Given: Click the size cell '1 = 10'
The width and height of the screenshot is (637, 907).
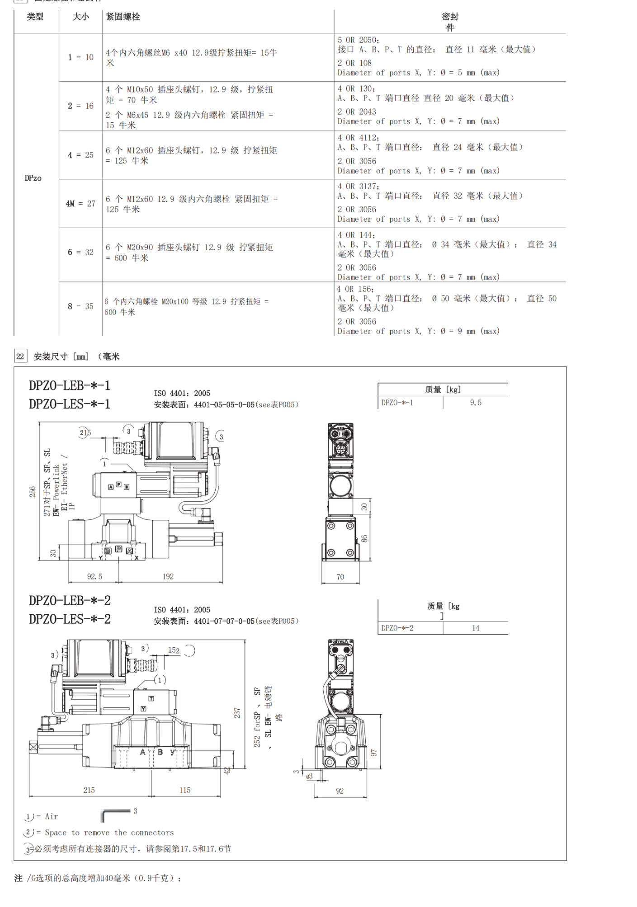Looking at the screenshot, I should [x=80, y=57].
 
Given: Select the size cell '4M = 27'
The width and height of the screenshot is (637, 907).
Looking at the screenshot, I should [x=80, y=204].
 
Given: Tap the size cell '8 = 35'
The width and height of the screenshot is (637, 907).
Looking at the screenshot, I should [x=80, y=306].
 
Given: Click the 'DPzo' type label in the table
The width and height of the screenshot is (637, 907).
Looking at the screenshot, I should [x=33, y=178].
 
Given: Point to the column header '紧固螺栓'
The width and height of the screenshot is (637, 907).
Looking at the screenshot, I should [x=123, y=17].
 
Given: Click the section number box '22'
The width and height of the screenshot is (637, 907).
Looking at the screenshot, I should [x=20, y=356].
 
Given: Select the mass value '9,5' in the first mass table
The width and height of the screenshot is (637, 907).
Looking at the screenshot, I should [x=476, y=402].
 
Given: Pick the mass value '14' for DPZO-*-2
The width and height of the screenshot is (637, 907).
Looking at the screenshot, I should [x=476, y=628].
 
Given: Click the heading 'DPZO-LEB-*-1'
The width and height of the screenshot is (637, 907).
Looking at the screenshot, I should [x=70, y=385].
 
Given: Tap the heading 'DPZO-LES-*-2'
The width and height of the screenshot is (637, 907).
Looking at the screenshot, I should [x=70, y=619].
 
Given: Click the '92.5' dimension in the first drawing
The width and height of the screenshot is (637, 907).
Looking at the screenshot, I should [x=94, y=576].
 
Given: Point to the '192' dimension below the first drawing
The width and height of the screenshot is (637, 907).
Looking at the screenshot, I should [x=168, y=576].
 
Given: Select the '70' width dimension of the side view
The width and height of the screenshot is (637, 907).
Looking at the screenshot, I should [x=340, y=577].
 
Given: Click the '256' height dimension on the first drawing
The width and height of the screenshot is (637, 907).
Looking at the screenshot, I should [x=33, y=492].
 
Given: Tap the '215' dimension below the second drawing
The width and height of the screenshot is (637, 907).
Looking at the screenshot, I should [x=89, y=790].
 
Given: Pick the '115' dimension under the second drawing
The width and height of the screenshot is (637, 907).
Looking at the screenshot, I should [x=185, y=790].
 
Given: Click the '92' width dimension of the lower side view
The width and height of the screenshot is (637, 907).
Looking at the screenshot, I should [x=340, y=791].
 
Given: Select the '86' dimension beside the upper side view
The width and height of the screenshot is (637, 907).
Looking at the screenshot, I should [x=364, y=538].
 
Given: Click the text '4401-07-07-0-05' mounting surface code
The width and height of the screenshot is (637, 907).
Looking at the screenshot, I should [x=224, y=621].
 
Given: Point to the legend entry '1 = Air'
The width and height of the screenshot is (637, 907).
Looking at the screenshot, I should [x=42, y=817].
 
